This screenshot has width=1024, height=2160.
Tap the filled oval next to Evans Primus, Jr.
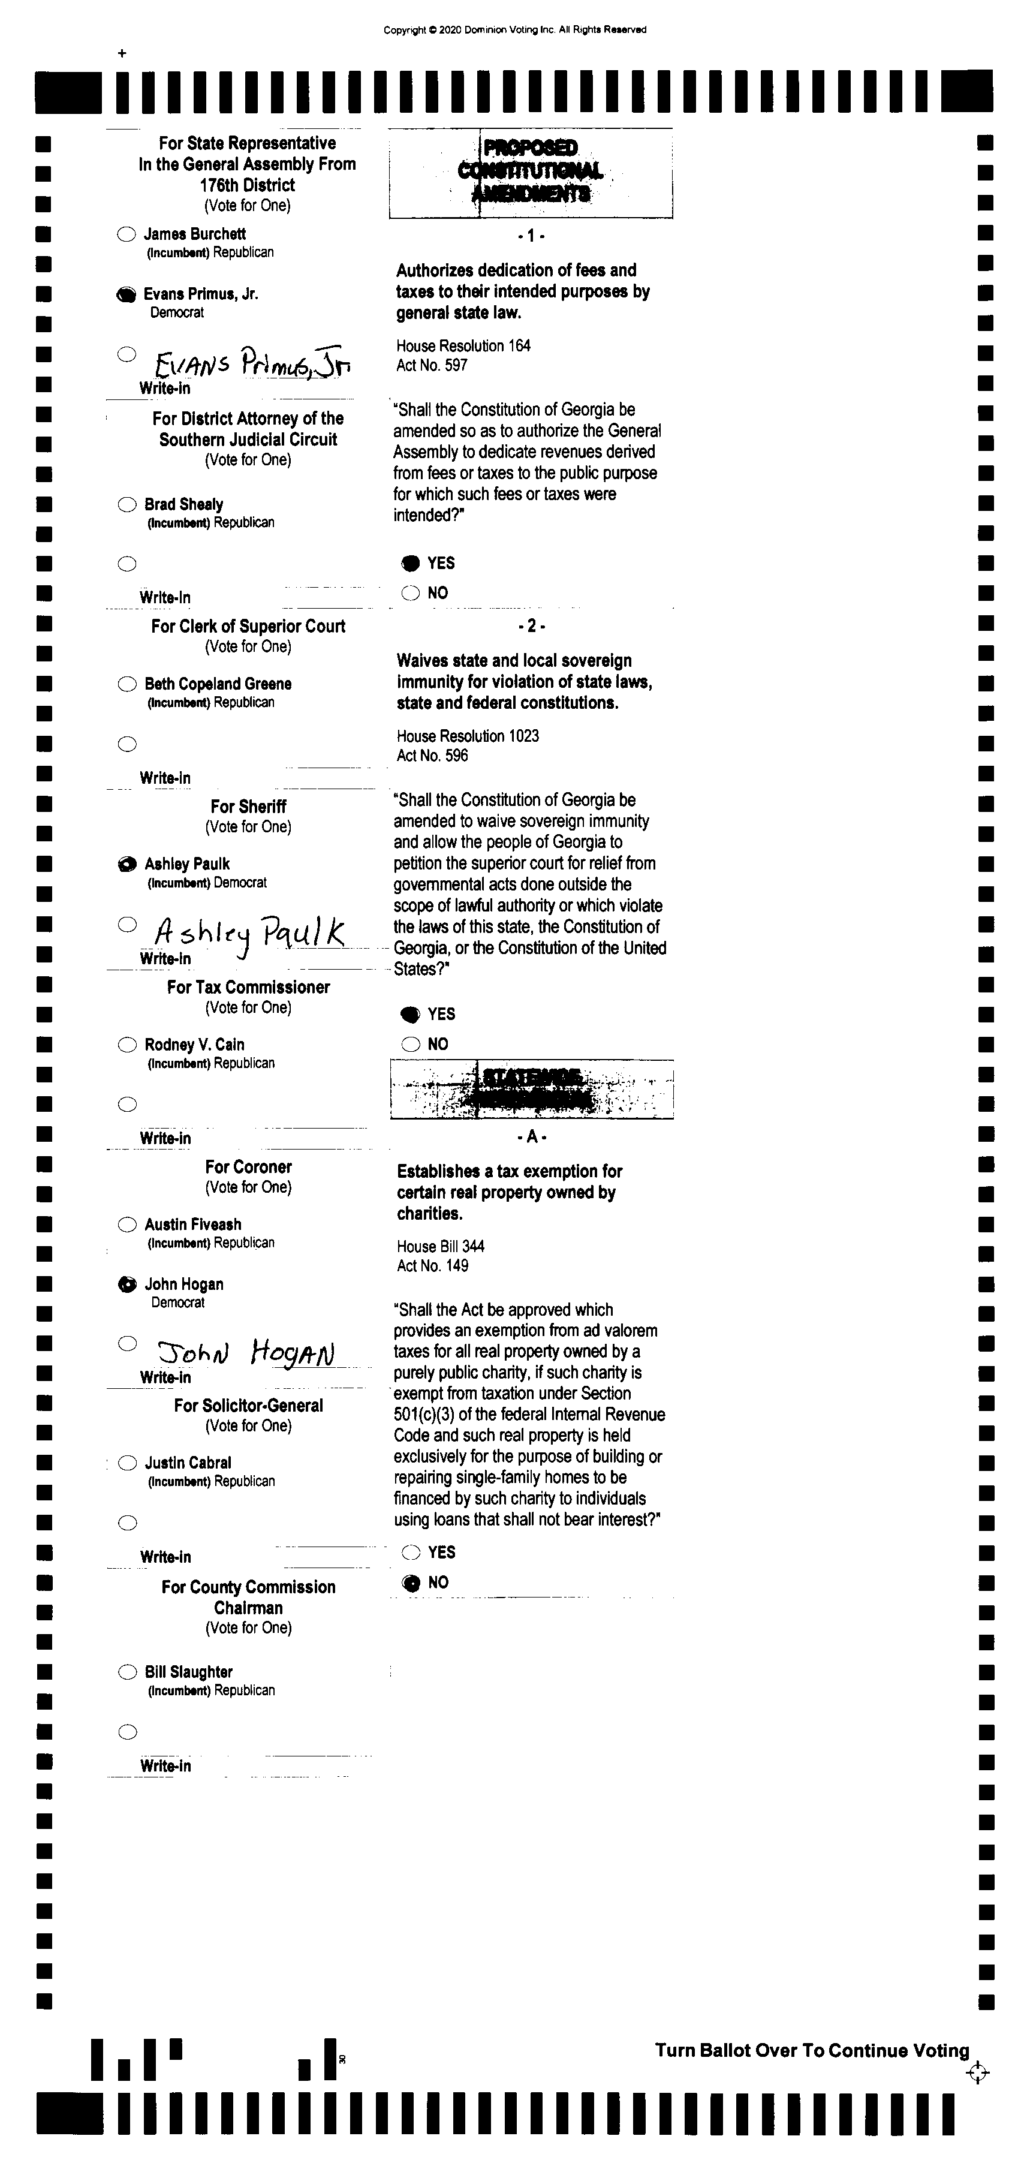click(126, 294)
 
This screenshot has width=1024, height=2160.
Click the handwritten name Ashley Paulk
click(249, 932)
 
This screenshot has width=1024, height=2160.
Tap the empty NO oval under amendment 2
click(410, 1044)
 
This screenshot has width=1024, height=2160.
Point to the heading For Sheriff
click(248, 806)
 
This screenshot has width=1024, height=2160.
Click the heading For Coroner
click(248, 1166)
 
